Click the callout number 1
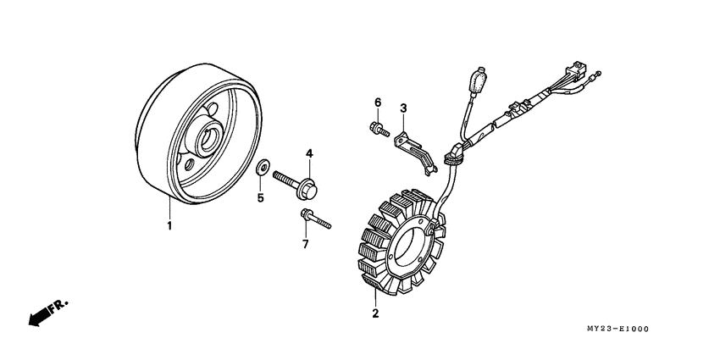click(x=169, y=226)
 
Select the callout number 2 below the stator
click(x=374, y=313)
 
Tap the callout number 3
click(x=404, y=108)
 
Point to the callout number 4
click(x=309, y=153)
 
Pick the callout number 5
click(x=261, y=198)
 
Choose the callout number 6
click(x=378, y=102)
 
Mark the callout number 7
click(x=306, y=245)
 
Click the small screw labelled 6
click(x=378, y=130)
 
